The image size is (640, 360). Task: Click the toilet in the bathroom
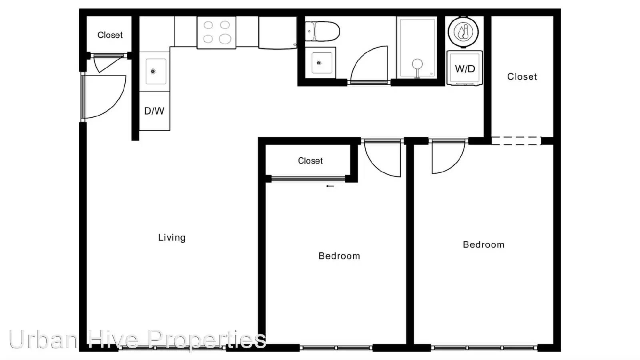click(322, 31)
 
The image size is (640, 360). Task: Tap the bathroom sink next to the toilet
click(320, 63)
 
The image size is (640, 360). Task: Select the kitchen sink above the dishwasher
click(156, 72)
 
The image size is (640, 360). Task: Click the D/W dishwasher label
click(154, 111)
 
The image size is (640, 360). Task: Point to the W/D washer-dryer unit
click(464, 68)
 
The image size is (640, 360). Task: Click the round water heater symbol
click(463, 32)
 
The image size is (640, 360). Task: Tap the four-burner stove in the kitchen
click(216, 32)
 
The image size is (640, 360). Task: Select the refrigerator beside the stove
click(278, 32)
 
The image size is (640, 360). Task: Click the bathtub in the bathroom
click(418, 48)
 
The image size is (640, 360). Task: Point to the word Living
click(172, 238)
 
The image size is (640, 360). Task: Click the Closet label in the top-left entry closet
click(110, 35)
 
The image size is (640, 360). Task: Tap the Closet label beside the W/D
click(522, 76)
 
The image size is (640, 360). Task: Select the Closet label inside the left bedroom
click(310, 160)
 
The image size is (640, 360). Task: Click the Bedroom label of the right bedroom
click(484, 244)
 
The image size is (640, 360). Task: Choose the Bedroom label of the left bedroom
click(339, 256)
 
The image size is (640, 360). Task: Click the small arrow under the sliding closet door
click(330, 186)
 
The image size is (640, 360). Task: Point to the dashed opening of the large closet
click(516, 141)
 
